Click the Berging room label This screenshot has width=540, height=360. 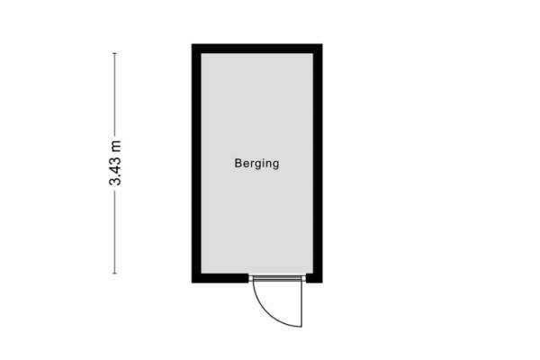256,164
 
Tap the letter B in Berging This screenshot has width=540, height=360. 238,164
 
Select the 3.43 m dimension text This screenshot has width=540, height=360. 114,163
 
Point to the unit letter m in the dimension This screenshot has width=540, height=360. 114,144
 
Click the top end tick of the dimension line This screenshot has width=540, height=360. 114,53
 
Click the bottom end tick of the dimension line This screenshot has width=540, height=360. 114,274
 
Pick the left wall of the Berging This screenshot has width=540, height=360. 195,162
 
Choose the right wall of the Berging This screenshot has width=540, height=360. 318,162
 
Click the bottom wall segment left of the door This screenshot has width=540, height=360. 220,278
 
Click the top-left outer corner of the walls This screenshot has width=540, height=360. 192,44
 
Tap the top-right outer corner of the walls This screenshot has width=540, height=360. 321,44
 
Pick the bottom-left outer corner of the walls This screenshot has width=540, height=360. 192,282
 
